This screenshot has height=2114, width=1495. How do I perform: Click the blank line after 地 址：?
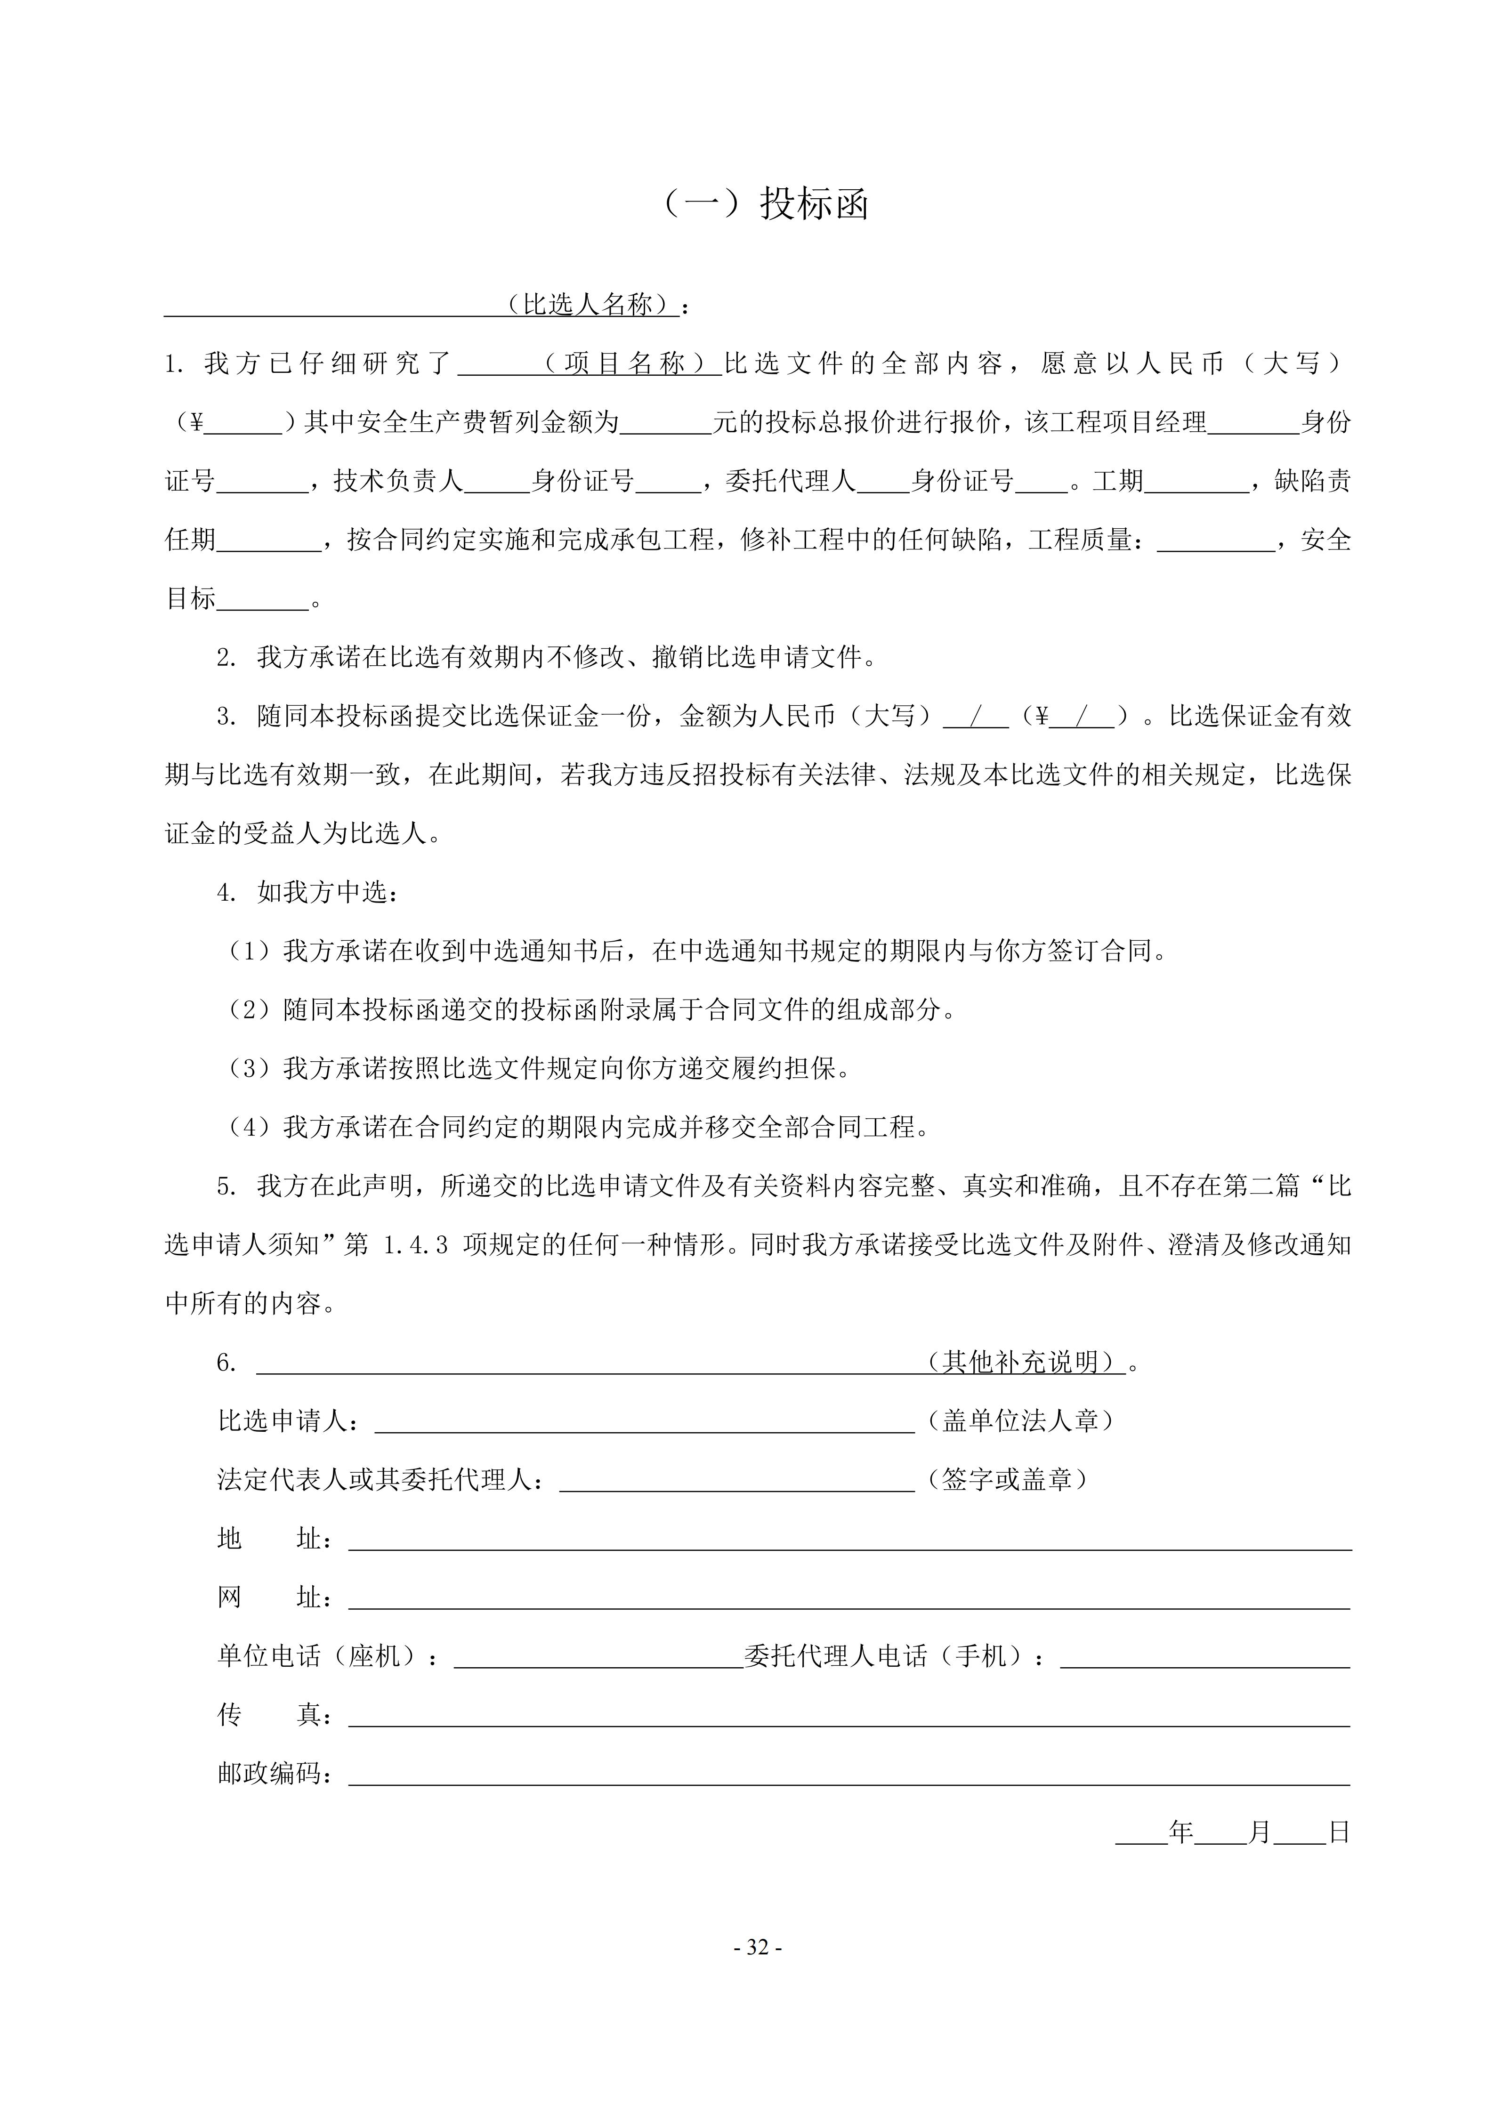(849, 1540)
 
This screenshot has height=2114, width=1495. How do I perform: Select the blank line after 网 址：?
(849, 1598)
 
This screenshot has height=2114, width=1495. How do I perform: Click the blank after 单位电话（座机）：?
(598, 1657)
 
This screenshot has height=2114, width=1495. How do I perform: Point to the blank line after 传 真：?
(849, 1716)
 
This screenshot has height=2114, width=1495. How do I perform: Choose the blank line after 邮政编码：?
(849, 1775)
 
